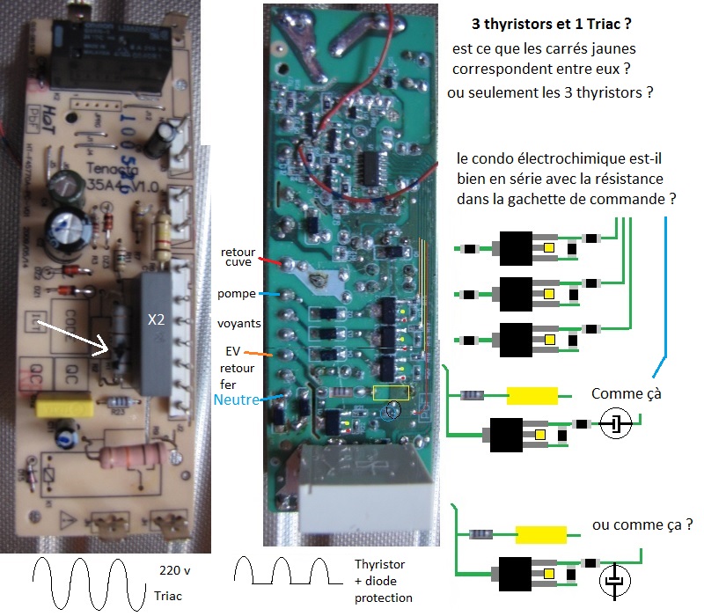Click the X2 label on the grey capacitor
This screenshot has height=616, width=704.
click(x=156, y=320)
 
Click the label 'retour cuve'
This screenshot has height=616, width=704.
click(x=238, y=258)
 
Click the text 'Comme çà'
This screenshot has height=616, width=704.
click(x=626, y=394)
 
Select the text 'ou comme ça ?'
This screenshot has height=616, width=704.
click(x=642, y=524)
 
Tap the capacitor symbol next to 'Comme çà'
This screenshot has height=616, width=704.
click(x=617, y=426)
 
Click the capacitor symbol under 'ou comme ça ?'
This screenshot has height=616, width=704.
click(x=616, y=581)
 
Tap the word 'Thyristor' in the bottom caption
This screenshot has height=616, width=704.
click(x=381, y=564)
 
